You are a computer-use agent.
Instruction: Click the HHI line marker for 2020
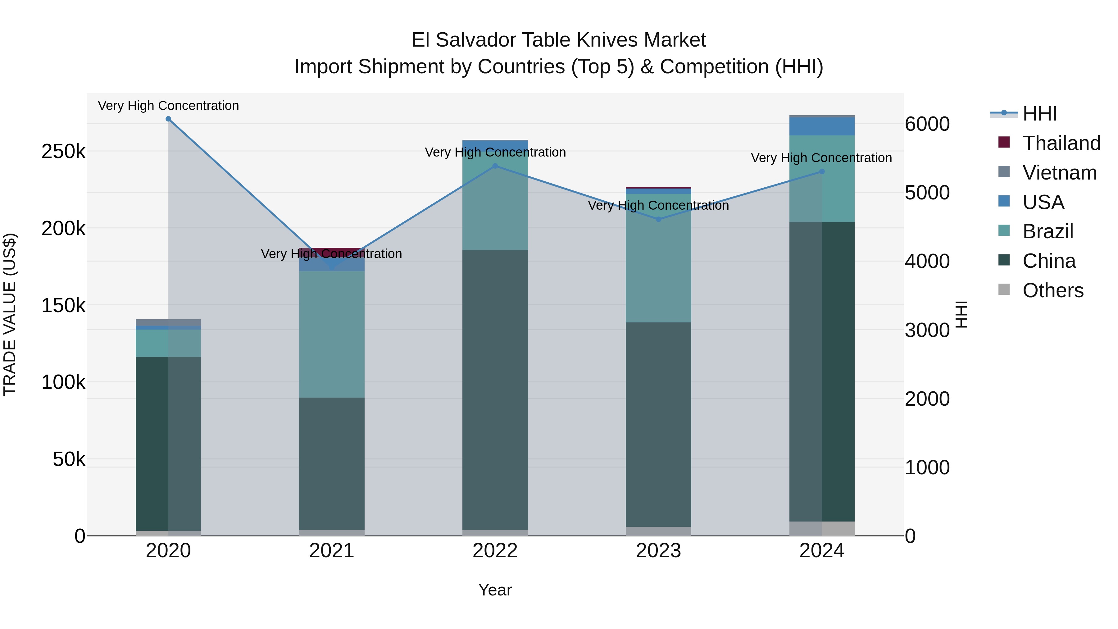pyautogui.click(x=168, y=119)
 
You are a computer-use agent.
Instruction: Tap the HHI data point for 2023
pyautogui.click(x=658, y=219)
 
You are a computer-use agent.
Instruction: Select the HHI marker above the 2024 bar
pyautogui.click(x=821, y=172)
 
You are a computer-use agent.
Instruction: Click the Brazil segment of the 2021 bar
pyautogui.click(x=332, y=334)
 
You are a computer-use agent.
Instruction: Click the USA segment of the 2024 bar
pyautogui.click(x=821, y=127)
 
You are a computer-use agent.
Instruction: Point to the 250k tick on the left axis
pyautogui.click(x=63, y=152)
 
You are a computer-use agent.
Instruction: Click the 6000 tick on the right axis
pyautogui.click(x=927, y=124)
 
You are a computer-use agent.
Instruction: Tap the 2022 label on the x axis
pyautogui.click(x=495, y=551)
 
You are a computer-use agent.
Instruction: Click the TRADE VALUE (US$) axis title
pyautogui.click(x=10, y=314)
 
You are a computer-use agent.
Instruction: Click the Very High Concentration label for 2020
pyautogui.click(x=168, y=106)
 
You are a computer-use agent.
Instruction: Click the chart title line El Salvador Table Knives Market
pyautogui.click(x=559, y=40)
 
